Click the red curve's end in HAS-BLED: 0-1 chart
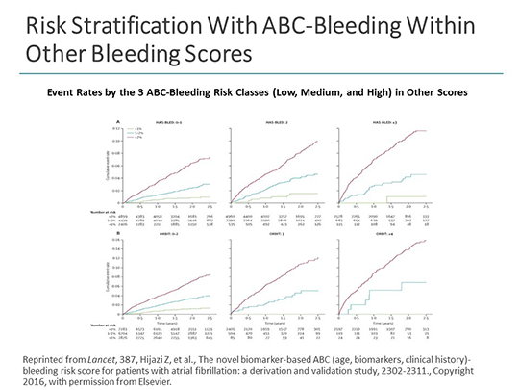tap(209, 158)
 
